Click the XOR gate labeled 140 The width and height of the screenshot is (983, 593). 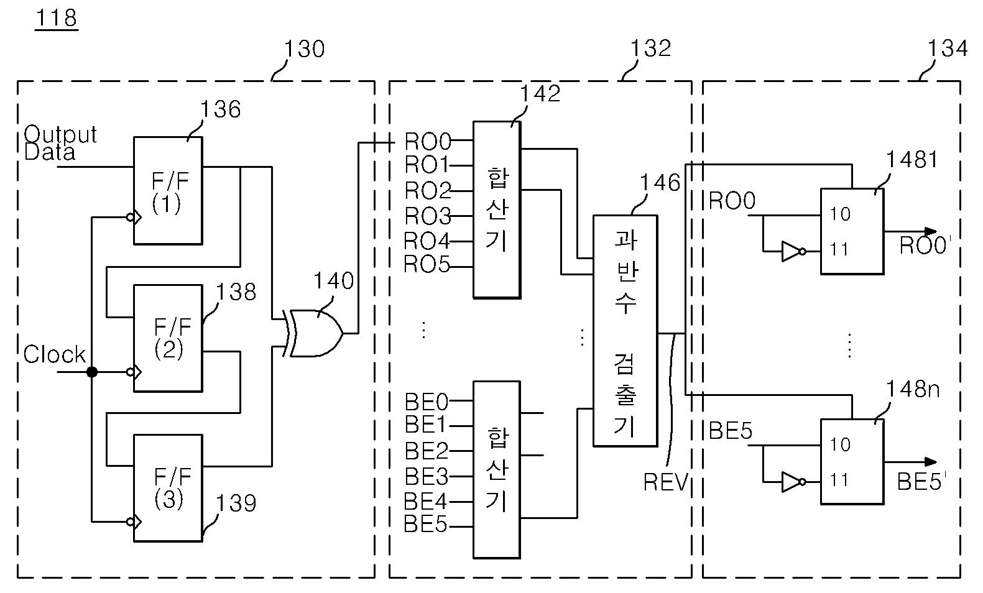[x=315, y=333]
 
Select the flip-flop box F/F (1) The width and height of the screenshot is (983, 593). [x=168, y=190]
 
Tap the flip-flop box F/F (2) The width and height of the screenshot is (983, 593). [x=168, y=338]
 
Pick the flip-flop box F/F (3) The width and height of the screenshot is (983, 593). [x=168, y=488]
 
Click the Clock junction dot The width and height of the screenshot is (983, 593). [x=92, y=372]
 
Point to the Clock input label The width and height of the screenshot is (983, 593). [x=55, y=354]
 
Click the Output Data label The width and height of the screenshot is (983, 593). [x=60, y=143]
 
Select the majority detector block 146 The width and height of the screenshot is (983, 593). [x=625, y=331]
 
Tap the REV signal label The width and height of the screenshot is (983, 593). [x=665, y=482]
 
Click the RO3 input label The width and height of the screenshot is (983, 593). [x=427, y=216]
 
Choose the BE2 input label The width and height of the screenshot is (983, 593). [x=426, y=451]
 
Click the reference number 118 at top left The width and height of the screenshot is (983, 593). [x=56, y=18]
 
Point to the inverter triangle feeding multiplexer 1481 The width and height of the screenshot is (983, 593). [x=791, y=251]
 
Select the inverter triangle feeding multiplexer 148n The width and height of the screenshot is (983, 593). [x=791, y=482]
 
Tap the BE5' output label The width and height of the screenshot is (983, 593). [x=921, y=481]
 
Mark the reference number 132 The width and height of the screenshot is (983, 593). [x=651, y=48]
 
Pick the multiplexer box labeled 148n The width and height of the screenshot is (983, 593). [x=852, y=462]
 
